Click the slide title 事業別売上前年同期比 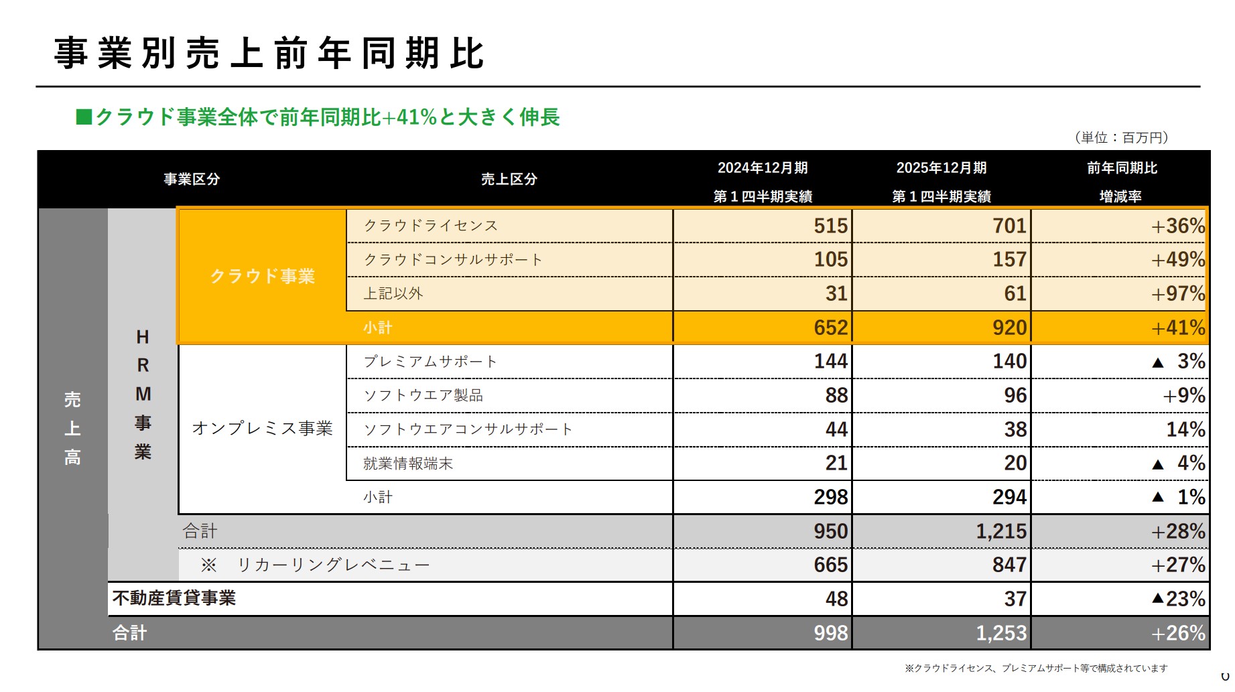269,54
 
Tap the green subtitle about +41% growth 318,117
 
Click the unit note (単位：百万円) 1121,137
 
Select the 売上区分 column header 509,180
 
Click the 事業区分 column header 192,180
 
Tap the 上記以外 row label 393,293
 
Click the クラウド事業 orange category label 262,276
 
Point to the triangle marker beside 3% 1157,362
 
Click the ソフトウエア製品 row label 423,395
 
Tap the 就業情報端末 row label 408,464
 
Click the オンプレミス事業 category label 262,428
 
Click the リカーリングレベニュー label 333,565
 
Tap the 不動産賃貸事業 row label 174,598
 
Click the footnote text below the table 1035,668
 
